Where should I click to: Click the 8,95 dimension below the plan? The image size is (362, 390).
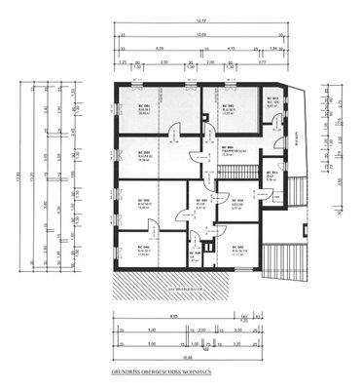point(173,317)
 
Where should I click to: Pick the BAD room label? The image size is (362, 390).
point(273,177)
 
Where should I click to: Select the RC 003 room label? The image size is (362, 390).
point(275,101)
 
